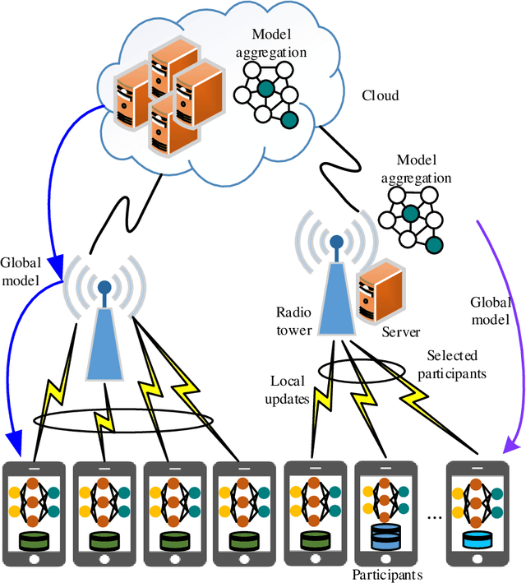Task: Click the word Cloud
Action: (x=381, y=95)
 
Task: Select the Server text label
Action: (x=400, y=332)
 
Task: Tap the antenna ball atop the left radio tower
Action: (x=104, y=287)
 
